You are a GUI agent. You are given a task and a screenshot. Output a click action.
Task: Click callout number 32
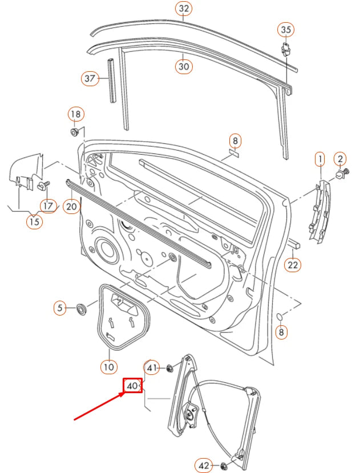point(183,9)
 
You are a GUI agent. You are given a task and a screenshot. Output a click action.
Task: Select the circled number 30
point(183,66)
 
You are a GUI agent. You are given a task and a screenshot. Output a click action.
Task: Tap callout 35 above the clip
point(286,29)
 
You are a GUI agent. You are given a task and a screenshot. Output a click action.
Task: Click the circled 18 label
point(76,114)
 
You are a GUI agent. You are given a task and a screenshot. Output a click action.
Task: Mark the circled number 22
point(293,265)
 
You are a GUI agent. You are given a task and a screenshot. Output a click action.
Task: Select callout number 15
point(34,221)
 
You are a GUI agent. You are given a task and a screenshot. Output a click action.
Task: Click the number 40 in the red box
point(133,386)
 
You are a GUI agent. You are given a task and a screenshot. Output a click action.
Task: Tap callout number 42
point(204,465)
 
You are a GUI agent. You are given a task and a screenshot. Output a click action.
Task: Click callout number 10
point(108,366)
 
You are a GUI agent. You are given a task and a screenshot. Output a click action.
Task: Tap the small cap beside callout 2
point(338,175)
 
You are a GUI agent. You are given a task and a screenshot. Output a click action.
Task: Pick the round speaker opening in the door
point(105,249)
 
